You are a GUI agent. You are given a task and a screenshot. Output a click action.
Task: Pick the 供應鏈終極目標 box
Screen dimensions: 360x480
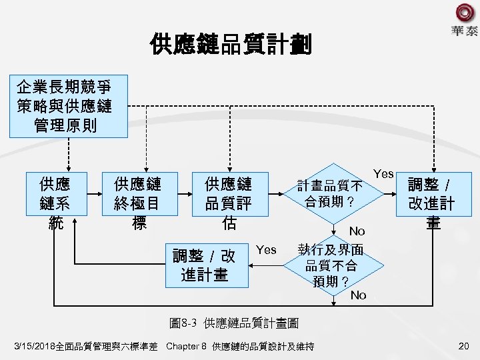137,202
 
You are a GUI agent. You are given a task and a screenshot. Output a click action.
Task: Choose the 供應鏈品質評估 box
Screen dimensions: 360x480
229,202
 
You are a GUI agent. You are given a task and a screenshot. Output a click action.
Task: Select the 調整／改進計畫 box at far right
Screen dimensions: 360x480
433,202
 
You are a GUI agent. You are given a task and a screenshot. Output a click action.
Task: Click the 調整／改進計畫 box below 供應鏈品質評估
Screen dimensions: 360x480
204,265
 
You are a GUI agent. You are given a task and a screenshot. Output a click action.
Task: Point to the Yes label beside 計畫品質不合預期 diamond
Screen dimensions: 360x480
383,174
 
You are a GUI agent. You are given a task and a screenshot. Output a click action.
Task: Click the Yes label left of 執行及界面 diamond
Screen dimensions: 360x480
266,250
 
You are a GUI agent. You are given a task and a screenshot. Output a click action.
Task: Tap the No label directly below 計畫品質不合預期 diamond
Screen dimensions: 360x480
357,231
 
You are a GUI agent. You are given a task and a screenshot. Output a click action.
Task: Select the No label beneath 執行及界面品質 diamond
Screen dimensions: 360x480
358,295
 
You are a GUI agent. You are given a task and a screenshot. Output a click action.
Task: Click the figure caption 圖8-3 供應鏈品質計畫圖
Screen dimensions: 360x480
234,323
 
